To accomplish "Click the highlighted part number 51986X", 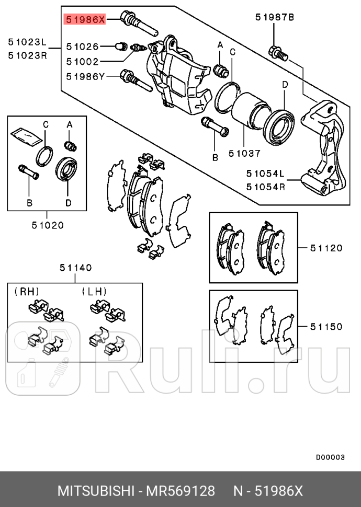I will coord(85,20).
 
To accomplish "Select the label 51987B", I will coord(275,17).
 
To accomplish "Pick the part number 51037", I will coord(244,154).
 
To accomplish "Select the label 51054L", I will coord(266,173).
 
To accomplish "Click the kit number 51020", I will coord(47,226).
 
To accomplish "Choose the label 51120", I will coord(326,248).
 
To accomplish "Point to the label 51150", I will coord(326,327).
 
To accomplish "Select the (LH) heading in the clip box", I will coord(94,291).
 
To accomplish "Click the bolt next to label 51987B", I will coord(277,52).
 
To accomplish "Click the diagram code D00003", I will coord(330,457).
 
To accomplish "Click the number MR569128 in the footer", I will coord(180,491).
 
